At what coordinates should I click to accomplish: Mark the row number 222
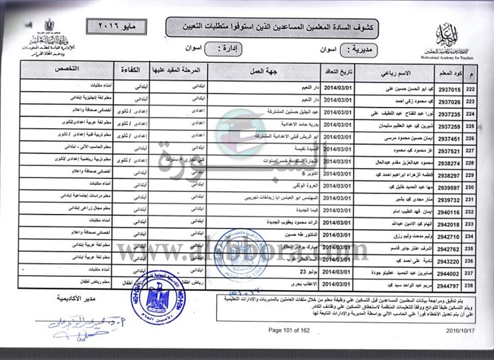pos(470,89)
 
